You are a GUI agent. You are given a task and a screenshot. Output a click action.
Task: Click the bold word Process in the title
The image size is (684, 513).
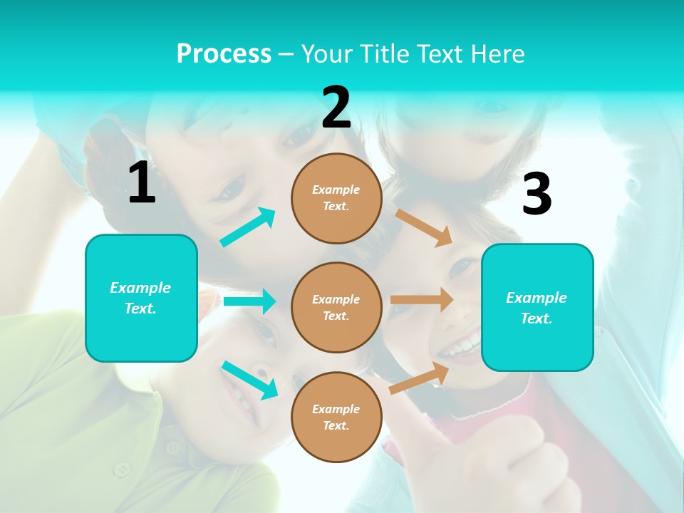pos(224,54)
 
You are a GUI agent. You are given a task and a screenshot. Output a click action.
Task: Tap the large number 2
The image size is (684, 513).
pos(336,108)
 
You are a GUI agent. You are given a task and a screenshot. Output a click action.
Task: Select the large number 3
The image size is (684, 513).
pos(537,194)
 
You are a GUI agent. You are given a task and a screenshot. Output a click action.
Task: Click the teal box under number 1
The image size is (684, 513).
pos(141,298)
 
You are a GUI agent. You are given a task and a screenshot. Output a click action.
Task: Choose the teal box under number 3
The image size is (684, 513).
pos(537,307)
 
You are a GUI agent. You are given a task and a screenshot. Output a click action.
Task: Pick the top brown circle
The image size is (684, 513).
pos(336,198)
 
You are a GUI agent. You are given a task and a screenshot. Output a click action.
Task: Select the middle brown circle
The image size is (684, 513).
pos(336,307)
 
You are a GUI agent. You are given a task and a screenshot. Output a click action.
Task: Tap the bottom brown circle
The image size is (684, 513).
pos(336,417)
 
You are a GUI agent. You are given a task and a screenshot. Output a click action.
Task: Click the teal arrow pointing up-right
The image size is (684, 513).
pos(248,227)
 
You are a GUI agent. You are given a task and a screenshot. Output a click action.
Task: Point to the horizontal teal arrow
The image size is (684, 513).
pos(249,301)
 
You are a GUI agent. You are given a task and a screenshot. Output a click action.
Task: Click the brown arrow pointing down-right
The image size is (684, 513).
pos(424,227)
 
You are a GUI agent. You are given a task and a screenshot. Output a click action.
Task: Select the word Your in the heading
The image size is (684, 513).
pos(327,54)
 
